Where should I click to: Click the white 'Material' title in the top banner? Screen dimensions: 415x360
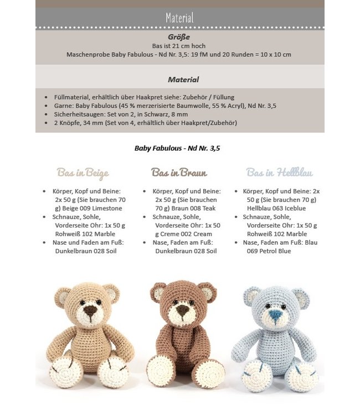click(179, 18)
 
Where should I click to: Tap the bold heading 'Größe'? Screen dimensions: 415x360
click(179, 37)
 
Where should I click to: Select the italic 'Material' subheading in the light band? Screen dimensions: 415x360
click(183, 80)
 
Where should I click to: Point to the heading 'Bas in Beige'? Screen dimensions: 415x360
click(83, 173)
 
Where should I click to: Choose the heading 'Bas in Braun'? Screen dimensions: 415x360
click(179, 173)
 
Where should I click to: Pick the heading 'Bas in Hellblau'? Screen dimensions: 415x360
click(279, 173)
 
